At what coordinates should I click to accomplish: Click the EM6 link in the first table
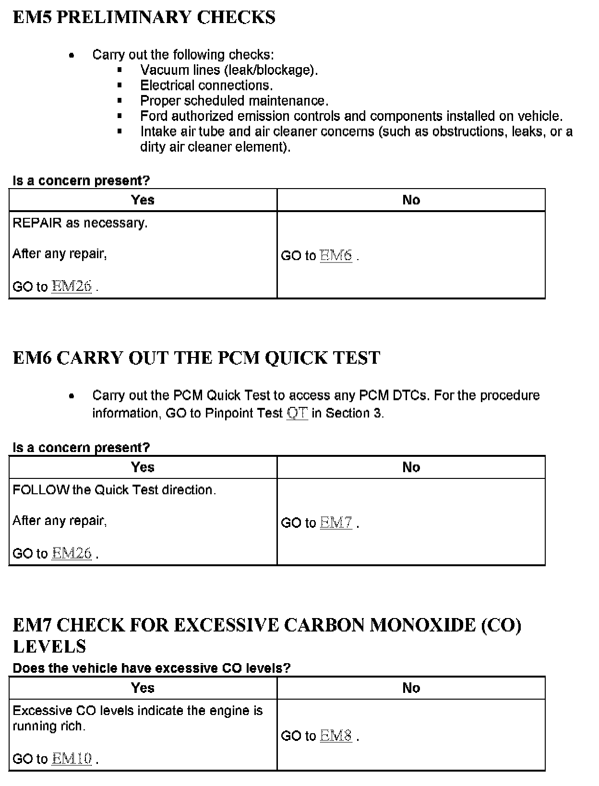336,255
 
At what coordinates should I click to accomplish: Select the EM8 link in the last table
336,736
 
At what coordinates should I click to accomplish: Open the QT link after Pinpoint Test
297,413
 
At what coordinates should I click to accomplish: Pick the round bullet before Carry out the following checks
72,55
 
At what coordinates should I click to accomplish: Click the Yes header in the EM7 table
143,688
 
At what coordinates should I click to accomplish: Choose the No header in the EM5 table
411,200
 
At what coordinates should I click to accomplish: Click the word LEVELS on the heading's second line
49,646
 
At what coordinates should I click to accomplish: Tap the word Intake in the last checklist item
158,131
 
